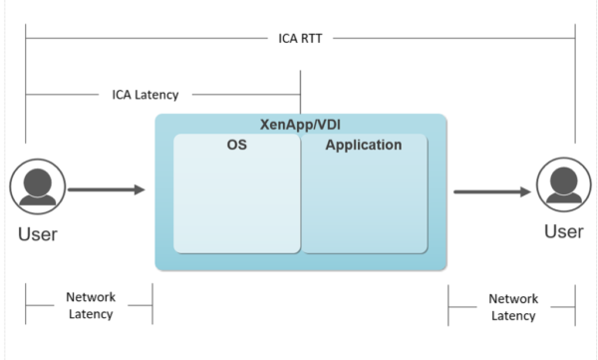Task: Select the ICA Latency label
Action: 146,96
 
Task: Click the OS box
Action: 236,193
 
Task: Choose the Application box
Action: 365,193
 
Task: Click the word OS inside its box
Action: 236,146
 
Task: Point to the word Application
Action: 364,146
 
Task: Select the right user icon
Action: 563,186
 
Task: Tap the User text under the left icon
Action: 37,235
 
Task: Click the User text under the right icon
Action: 563,231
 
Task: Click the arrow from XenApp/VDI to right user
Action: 492,191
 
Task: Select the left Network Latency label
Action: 90,306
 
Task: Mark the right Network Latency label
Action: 513,307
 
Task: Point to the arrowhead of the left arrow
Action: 140,188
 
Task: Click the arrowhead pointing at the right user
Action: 525,191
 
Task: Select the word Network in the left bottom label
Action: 90,297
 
